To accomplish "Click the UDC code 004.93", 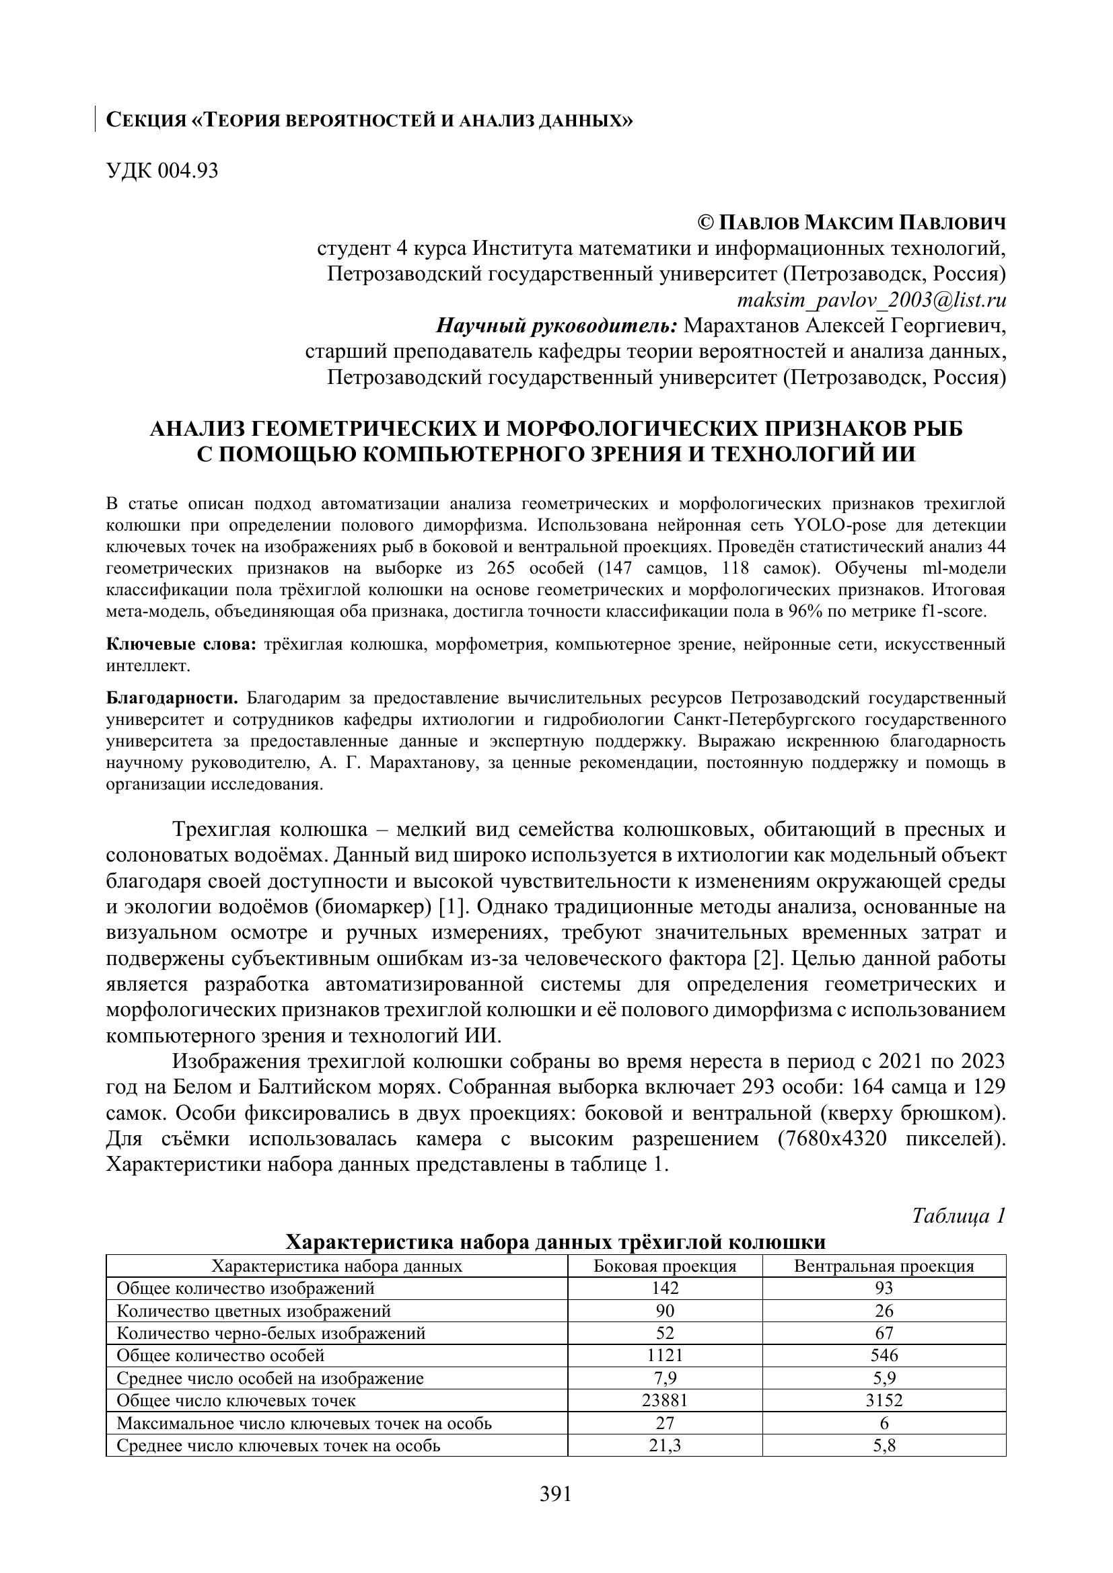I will (x=188, y=171).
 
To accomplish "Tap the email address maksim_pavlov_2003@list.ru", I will (x=871, y=300).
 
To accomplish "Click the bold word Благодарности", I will (x=172, y=698).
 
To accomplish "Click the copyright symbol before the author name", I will (x=705, y=223).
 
